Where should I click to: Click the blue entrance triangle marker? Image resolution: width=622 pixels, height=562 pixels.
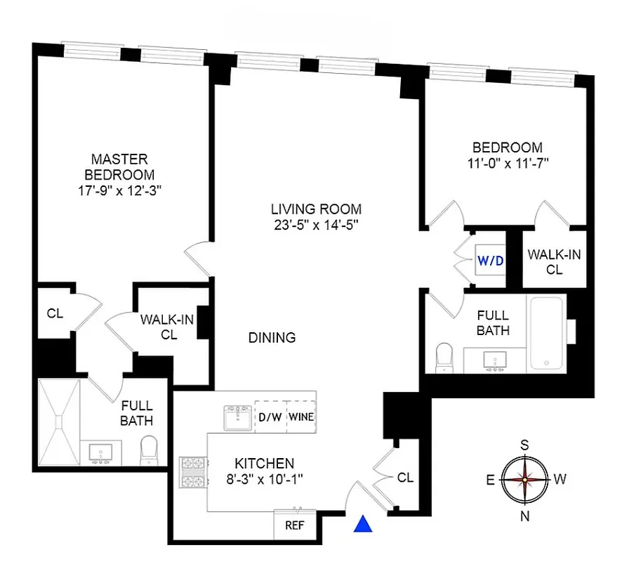click(363, 524)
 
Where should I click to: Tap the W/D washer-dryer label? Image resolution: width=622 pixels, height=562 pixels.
click(491, 261)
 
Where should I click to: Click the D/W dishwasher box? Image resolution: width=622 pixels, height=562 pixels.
click(270, 417)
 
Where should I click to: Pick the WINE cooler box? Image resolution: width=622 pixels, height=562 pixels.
click(300, 417)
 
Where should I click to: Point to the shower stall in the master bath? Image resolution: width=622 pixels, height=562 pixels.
click(59, 422)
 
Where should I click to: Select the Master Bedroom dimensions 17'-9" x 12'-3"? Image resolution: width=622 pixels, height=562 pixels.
click(119, 190)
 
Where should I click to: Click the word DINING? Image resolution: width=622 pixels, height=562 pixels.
click(272, 338)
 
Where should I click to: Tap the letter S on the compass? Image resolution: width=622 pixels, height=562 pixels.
click(524, 444)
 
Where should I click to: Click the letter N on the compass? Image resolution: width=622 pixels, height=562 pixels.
click(524, 516)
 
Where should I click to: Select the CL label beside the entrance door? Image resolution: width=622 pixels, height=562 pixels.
click(405, 478)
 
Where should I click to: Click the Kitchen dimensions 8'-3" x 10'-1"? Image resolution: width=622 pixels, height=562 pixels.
click(264, 481)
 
